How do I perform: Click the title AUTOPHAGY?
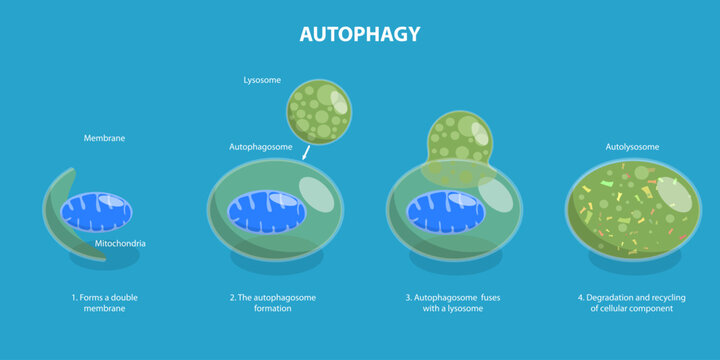click(x=360, y=34)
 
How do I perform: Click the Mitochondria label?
click(x=122, y=243)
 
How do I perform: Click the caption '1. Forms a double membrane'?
click(x=98, y=303)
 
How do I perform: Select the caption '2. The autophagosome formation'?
click(x=271, y=303)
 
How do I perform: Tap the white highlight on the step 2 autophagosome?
click(x=316, y=194)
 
